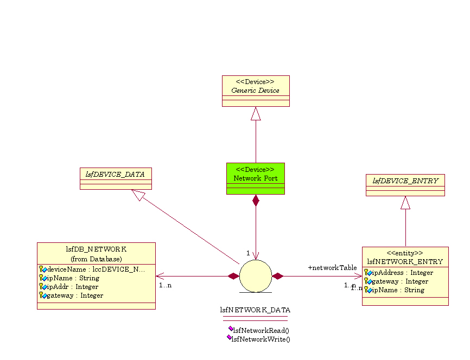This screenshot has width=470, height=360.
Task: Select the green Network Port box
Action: coord(256,178)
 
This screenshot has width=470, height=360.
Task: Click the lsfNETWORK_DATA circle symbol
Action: coord(256,276)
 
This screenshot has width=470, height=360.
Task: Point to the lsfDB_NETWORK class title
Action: coord(96,249)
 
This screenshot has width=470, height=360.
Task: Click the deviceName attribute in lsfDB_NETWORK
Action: coord(96,269)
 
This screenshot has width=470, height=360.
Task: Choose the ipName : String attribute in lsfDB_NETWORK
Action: coord(73,278)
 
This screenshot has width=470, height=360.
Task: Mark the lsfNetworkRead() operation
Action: coord(261,330)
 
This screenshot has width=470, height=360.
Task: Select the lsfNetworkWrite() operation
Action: coord(261,339)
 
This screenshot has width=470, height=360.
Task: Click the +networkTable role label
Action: coord(332,268)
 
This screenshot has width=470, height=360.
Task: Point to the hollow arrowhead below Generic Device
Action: coord(256,113)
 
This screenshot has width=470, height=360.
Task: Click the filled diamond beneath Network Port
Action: coord(256,200)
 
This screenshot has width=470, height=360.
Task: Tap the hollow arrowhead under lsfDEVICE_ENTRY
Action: coord(405,203)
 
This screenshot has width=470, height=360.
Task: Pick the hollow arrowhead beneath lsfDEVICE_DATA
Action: coord(137,195)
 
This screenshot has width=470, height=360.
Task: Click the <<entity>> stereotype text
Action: coord(405,253)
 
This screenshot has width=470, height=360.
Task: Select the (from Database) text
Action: coord(96,259)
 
